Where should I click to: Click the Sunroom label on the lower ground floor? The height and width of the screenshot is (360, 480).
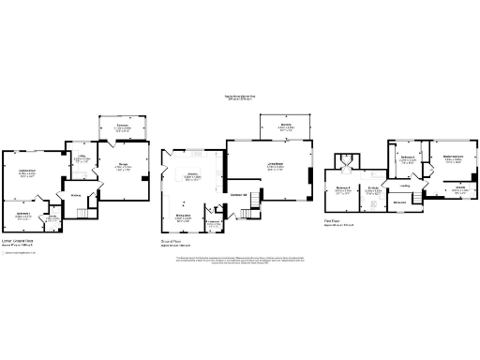[122, 127]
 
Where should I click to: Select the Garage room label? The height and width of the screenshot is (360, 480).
[123, 166]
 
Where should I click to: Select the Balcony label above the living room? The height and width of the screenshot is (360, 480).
[285, 127]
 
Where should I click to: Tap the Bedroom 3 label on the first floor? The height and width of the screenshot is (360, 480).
[407, 158]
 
